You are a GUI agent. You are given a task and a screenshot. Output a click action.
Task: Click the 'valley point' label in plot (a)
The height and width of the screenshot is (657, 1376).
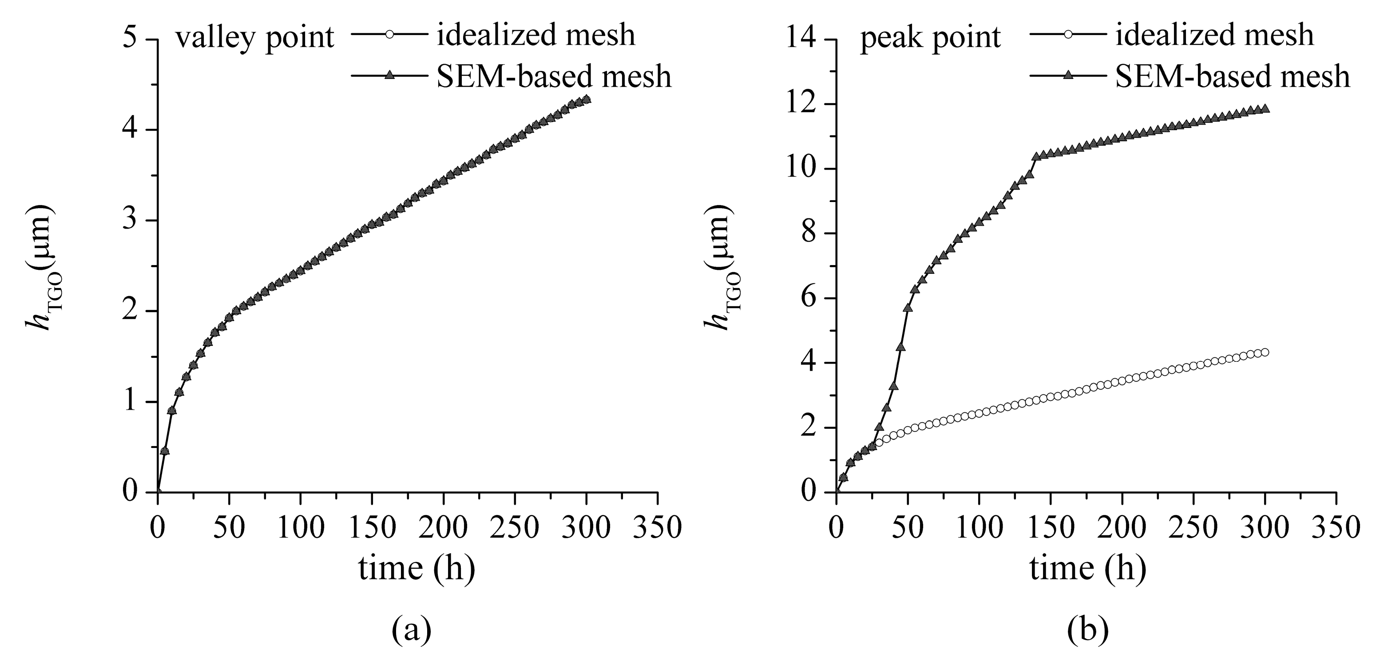(255, 38)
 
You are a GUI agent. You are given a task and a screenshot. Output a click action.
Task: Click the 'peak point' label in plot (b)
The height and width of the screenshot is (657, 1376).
(930, 38)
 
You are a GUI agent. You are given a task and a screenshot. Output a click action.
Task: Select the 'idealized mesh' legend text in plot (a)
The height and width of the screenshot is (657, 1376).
(536, 35)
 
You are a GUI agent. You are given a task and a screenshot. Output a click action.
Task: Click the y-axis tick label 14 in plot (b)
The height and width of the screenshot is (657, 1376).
(800, 40)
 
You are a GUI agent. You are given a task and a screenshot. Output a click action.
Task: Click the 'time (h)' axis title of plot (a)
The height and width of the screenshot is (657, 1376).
(416, 568)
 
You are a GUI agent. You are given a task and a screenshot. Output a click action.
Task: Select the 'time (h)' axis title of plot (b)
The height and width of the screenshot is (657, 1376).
(1087, 568)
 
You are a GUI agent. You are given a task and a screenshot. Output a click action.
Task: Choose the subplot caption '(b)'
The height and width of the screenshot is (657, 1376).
(1087, 630)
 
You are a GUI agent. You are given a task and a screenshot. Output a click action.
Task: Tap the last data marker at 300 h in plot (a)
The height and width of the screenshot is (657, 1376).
(587, 99)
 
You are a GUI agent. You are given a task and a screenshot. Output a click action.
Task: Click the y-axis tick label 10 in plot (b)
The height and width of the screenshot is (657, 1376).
(800, 169)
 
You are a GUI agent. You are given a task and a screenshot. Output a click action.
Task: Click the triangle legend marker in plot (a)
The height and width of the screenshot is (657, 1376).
(390, 76)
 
